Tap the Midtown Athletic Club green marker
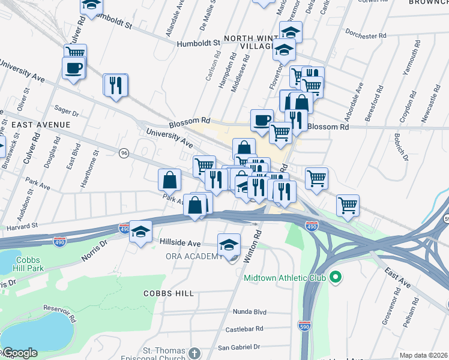coord(336,278)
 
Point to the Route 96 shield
coord(124,153)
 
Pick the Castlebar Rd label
coord(244,329)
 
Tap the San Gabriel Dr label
coord(238,347)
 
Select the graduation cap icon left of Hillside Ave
coord(140,232)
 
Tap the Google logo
coord(19,353)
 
